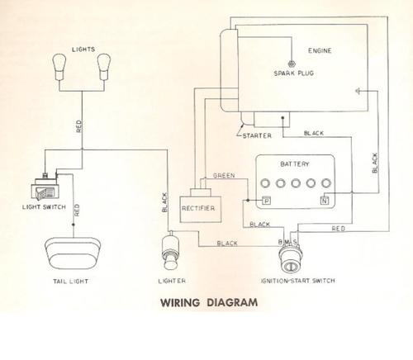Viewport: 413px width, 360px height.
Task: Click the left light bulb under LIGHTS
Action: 59,67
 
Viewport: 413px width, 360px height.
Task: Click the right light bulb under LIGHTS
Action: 104,67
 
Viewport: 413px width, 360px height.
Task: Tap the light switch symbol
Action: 45,187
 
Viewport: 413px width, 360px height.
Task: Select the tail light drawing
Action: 73,253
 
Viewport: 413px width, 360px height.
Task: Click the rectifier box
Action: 200,206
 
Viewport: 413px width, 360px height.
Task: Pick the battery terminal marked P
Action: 266,201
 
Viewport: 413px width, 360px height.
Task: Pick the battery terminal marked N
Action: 325,201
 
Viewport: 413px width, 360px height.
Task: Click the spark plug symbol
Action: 291,64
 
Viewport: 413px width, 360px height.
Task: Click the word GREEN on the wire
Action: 224,176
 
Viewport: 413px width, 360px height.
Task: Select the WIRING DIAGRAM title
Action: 209,302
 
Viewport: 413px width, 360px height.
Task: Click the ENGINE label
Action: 320,50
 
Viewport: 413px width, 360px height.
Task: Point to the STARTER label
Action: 257,135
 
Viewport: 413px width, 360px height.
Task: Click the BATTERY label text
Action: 295,164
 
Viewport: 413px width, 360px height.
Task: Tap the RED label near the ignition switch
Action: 339,229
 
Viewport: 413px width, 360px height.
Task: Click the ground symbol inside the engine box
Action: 358,91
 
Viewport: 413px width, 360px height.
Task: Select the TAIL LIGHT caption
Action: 71,282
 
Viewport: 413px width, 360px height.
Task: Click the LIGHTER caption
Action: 172,281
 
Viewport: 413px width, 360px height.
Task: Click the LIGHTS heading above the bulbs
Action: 83,50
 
